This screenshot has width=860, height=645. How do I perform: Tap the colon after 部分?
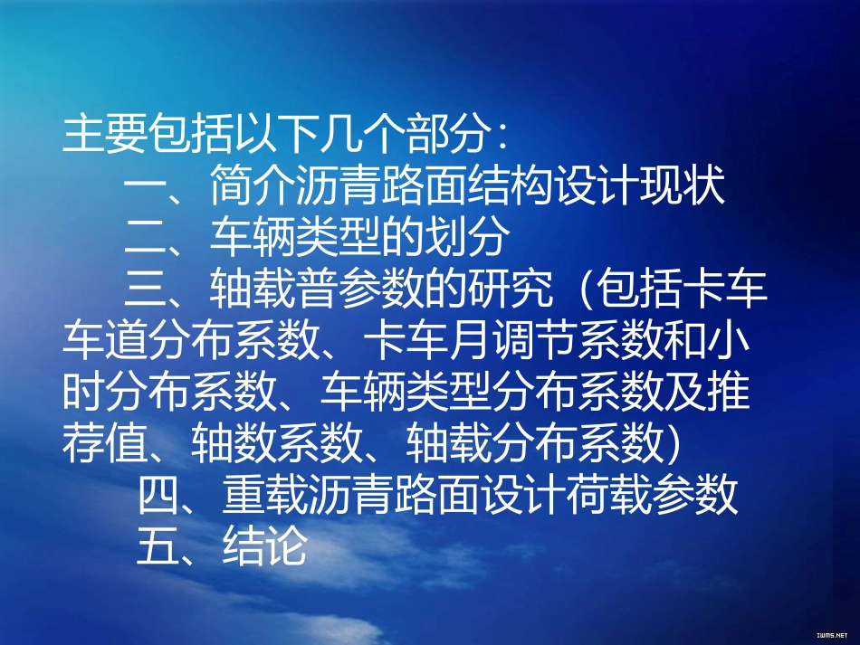[502, 138]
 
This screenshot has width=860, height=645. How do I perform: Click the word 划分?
[469, 238]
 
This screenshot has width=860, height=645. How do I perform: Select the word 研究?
[509, 289]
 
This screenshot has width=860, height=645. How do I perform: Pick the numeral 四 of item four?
[159, 496]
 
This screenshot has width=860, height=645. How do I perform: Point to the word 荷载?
[610, 496]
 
